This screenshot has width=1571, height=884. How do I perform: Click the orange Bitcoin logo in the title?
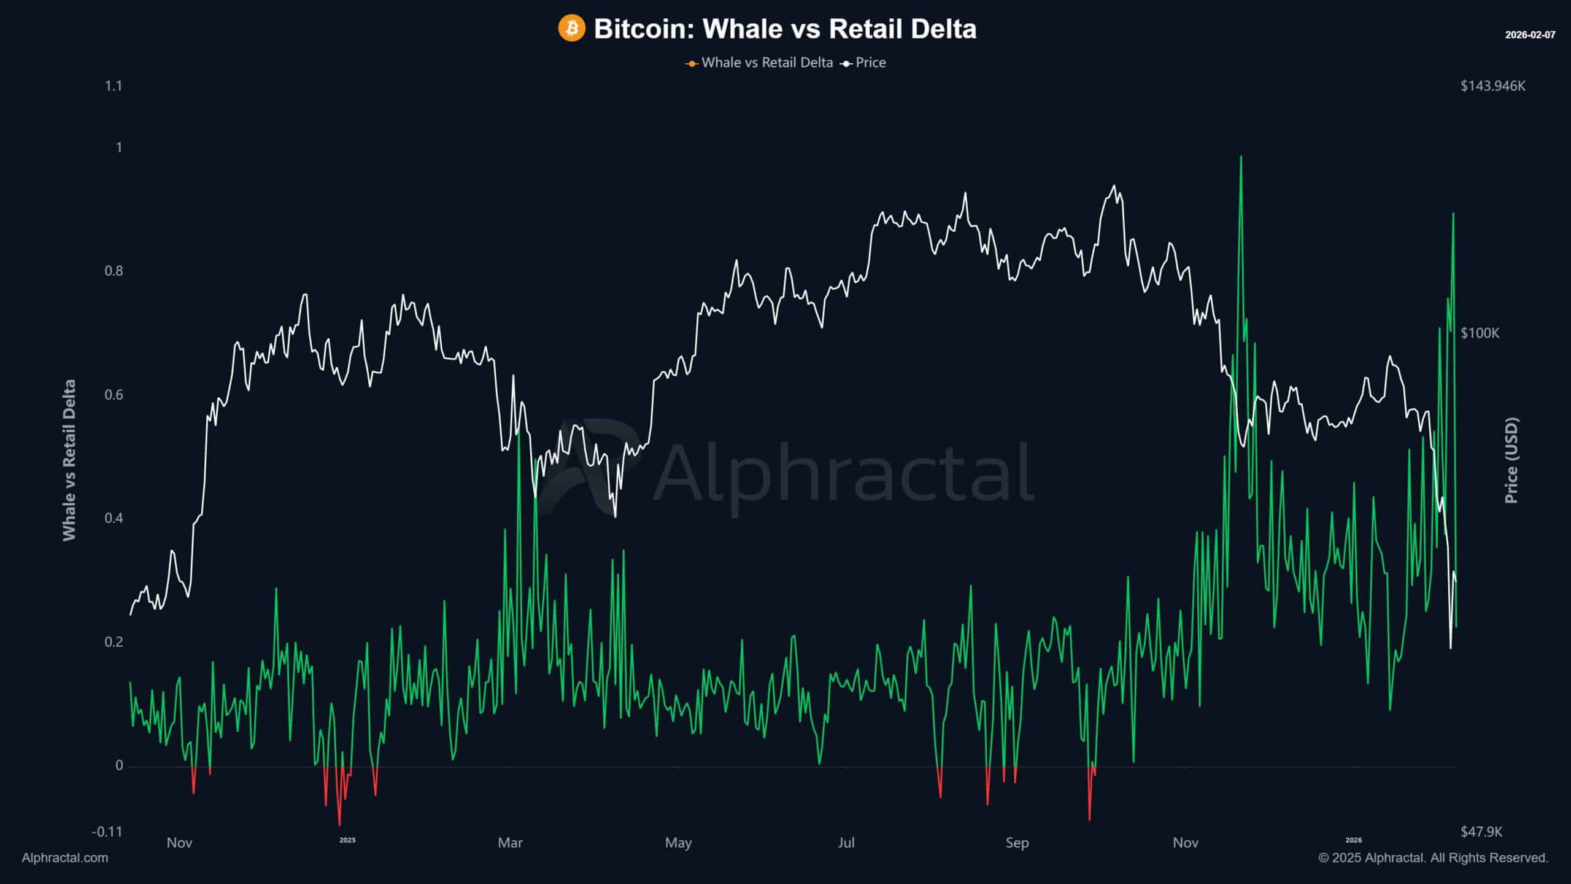[x=571, y=29]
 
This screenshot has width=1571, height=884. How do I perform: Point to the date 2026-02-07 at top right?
[x=1530, y=35]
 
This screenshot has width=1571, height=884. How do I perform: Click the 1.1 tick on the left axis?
[x=114, y=86]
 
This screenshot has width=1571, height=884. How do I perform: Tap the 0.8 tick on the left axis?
[x=114, y=271]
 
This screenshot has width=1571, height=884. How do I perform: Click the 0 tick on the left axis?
[x=119, y=765]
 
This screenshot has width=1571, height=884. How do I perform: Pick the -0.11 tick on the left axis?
[x=107, y=832]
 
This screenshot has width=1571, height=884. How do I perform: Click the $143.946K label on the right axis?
[x=1492, y=86]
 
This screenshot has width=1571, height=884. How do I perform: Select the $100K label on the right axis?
[x=1480, y=333]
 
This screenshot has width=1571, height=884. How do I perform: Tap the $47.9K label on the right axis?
[x=1481, y=832]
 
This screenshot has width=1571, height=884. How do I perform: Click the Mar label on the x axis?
[x=510, y=843]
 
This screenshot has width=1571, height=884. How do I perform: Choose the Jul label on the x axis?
[x=846, y=843]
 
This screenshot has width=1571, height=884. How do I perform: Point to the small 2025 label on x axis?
[x=347, y=840]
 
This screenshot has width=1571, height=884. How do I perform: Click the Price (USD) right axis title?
[x=1511, y=460]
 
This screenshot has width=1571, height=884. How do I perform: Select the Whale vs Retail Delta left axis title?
[x=69, y=460]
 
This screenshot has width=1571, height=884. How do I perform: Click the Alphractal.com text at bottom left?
[x=65, y=858]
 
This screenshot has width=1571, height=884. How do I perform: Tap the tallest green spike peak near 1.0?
[x=1241, y=157]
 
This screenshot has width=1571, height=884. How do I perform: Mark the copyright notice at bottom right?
[x=1433, y=858]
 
